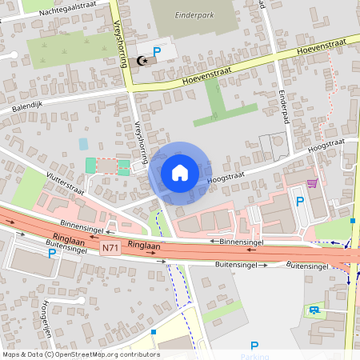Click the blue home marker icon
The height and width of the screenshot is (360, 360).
179,172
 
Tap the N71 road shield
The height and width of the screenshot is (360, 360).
111,249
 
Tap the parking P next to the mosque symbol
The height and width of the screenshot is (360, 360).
158,52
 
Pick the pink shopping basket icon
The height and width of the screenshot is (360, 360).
311,182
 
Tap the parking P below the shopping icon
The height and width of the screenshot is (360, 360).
300,201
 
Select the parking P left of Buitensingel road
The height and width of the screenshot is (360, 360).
52,254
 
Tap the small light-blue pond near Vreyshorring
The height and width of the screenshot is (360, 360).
83,144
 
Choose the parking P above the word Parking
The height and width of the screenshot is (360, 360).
254,343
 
